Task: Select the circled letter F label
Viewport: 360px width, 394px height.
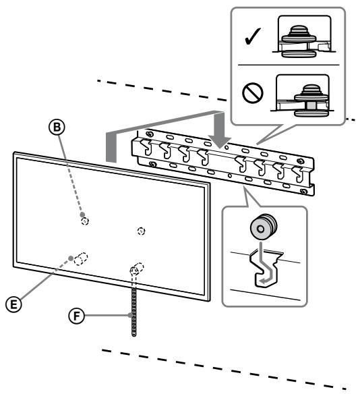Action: pos(79,314)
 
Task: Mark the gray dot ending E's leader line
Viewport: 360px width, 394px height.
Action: pos(71,258)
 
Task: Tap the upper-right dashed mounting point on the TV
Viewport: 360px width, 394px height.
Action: pos(140,231)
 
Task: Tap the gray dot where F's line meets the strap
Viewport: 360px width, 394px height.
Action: pos(128,315)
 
